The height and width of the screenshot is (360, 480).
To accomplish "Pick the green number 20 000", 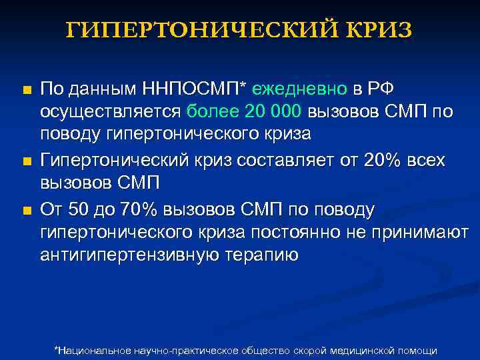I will pyautogui.click(x=268, y=111).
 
